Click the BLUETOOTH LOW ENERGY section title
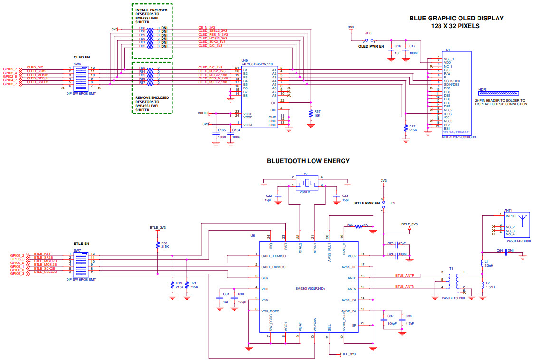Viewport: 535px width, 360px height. click(x=308, y=161)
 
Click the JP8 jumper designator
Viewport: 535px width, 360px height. click(x=368, y=33)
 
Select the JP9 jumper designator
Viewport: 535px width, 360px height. click(x=392, y=203)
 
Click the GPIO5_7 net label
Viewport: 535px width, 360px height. click(x=10, y=69)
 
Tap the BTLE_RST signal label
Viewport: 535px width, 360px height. click(x=42, y=254)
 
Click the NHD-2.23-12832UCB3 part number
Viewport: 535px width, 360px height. click(x=459, y=137)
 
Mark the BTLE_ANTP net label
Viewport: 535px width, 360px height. click(x=405, y=275)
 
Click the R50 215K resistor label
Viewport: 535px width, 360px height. click(x=165, y=245)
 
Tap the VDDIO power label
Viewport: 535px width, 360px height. click(x=202, y=113)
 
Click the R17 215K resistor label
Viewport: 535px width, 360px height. click(x=412, y=128)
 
